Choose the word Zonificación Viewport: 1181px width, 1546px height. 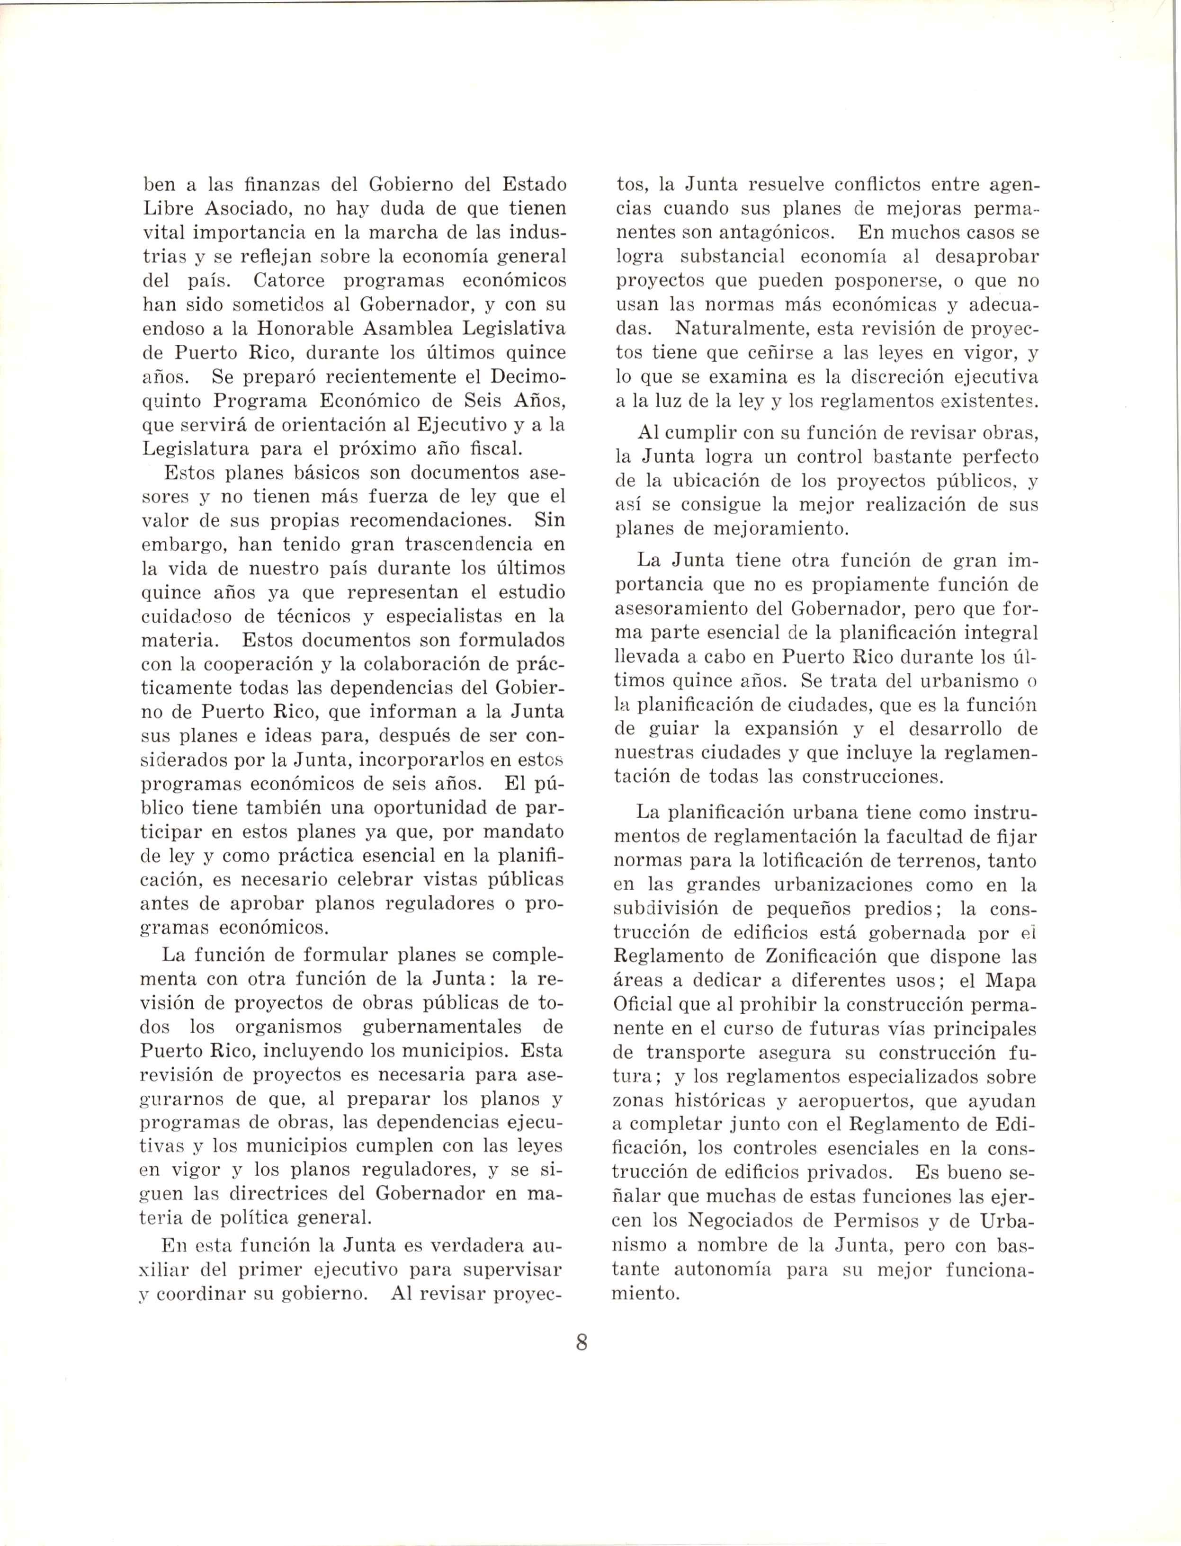[x=803, y=956]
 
